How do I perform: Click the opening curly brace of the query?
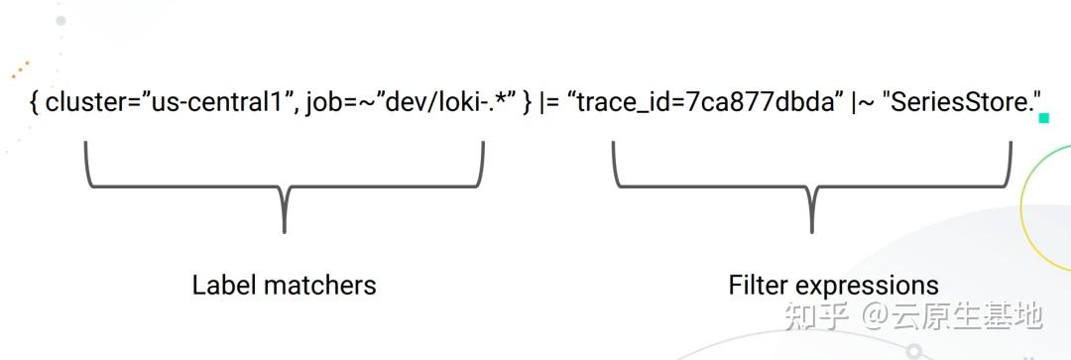[x=35, y=102]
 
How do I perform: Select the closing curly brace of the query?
[x=528, y=102]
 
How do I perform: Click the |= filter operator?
[x=548, y=102]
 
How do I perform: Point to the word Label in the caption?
[x=222, y=286]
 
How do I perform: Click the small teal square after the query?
[x=1043, y=118]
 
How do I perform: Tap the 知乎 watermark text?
[x=816, y=316]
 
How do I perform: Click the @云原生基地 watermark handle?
[x=951, y=316]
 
